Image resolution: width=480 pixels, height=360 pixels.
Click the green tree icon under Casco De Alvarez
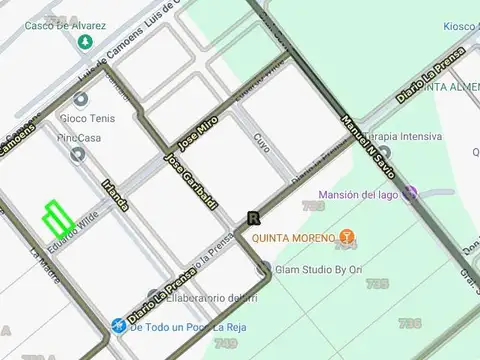tap(84, 42)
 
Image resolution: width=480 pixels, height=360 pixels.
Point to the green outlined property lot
tap(56, 217)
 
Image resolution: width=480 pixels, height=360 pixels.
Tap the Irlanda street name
tap(115, 194)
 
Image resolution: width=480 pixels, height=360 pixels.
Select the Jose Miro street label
tap(198, 131)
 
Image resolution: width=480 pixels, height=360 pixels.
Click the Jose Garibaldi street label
tap(191, 182)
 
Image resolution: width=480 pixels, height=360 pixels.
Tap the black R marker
tap(253, 218)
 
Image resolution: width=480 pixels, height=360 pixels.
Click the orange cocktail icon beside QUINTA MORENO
tap(347, 238)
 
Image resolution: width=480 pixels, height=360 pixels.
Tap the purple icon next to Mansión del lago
tap(409, 193)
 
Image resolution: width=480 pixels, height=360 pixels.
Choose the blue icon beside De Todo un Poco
tap(118, 326)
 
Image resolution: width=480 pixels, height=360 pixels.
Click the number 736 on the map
tap(408, 323)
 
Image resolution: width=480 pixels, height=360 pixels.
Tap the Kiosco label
tap(460, 26)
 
